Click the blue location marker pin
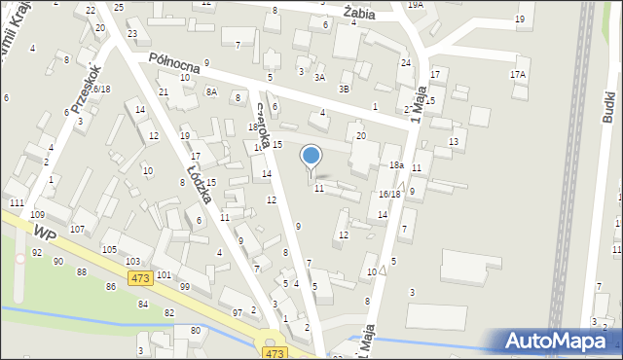click(311, 156)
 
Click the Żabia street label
click(359, 11)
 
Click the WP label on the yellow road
click(44, 234)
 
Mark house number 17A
click(518, 74)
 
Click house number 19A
click(416, 5)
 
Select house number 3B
click(344, 89)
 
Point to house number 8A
click(211, 91)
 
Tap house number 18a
click(396, 165)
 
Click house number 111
click(17, 201)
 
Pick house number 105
click(109, 249)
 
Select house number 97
click(238, 311)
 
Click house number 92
click(36, 253)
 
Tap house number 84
click(143, 305)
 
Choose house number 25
click(119, 7)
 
